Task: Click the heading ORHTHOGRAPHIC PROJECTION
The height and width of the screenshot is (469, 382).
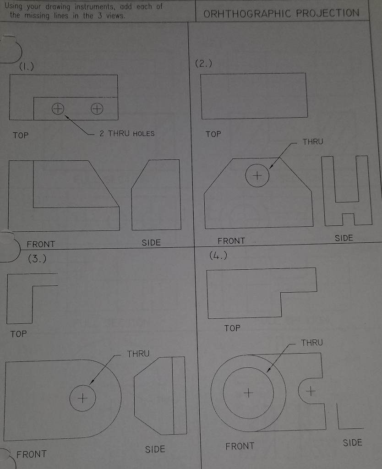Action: (x=281, y=13)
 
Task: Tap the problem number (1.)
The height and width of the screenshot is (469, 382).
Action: (x=26, y=67)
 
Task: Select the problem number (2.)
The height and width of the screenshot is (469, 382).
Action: (x=203, y=64)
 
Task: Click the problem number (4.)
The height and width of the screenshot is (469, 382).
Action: (x=218, y=255)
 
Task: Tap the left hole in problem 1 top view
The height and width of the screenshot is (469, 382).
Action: (x=57, y=109)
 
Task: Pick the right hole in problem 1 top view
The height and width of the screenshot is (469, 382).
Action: (x=96, y=109)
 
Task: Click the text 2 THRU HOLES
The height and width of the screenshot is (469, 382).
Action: (x=127, y=134)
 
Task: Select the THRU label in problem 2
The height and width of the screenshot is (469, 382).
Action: (x=312, y=142)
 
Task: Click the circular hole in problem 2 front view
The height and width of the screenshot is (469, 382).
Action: (x=257, y=175)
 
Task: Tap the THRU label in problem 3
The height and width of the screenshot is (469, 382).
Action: (x=138, y=354)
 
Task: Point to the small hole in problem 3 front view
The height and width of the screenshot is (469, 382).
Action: (x=82, y=397)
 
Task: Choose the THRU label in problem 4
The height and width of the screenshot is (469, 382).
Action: (x=312, y=343)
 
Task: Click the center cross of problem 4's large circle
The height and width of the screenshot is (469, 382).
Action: (x=248, y=393)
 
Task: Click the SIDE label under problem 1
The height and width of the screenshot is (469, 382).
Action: (x=151, y=243)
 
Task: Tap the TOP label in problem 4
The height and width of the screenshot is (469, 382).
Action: (x=232, y=328)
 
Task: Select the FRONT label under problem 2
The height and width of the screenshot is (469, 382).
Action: (x=231, y=241)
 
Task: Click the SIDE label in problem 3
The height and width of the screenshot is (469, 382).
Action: (x=155, y=449)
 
